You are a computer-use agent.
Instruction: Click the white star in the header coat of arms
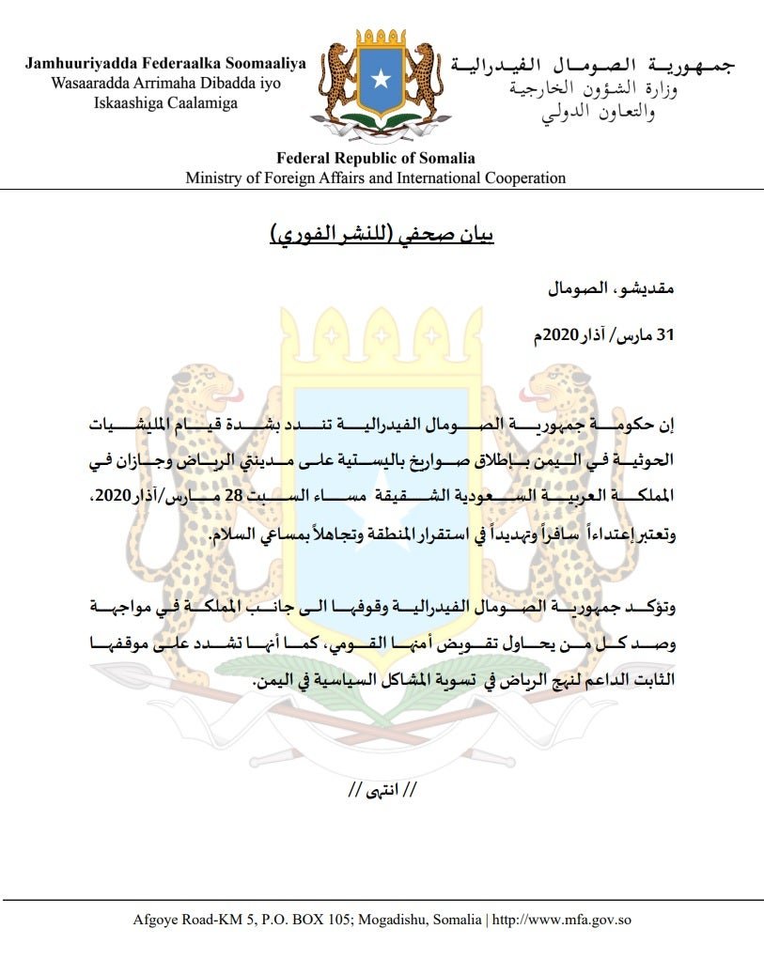(x=381, y=79)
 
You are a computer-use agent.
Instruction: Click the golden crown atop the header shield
(x=381, y=40)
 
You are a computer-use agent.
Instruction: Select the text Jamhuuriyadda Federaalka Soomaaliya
(x=166, y=64)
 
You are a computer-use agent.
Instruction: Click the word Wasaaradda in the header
(x=83, y=83)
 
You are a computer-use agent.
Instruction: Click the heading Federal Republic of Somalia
(x=375, y=158)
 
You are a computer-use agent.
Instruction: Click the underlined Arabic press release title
(x=382, y=233)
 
